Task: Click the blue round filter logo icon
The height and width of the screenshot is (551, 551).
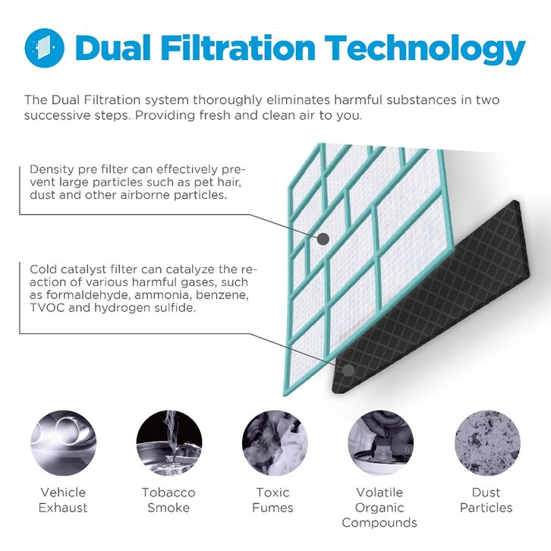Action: coord(44,48)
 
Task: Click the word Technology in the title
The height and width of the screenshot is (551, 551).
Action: coord(424,49)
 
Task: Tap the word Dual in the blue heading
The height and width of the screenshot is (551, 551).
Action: coord(113,48)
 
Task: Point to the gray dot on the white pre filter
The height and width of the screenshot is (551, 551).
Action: coord(323,239)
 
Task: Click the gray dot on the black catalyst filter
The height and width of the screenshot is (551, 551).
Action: coord(348,370)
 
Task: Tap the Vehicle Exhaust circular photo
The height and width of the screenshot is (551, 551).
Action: coord(63,443)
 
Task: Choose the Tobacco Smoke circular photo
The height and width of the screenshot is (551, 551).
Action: coord(169,443)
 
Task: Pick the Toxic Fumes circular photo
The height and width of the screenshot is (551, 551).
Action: coord(275,443)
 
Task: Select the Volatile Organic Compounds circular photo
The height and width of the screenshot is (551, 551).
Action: coord(380,443)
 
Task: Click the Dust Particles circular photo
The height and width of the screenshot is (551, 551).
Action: coord(487,443)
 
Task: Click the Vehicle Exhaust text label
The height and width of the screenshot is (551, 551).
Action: coord(63,499)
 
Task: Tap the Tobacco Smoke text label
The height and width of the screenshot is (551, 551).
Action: coord(168,499)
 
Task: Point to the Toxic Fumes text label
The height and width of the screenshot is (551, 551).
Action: coord(272,499)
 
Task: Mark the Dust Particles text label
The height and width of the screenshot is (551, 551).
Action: coord(486,499)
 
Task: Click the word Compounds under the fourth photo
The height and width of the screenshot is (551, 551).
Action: coord(379,523)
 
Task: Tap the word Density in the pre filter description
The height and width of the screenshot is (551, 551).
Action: coord(52,170)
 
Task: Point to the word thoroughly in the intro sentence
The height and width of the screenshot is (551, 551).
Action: coord(227,100)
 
